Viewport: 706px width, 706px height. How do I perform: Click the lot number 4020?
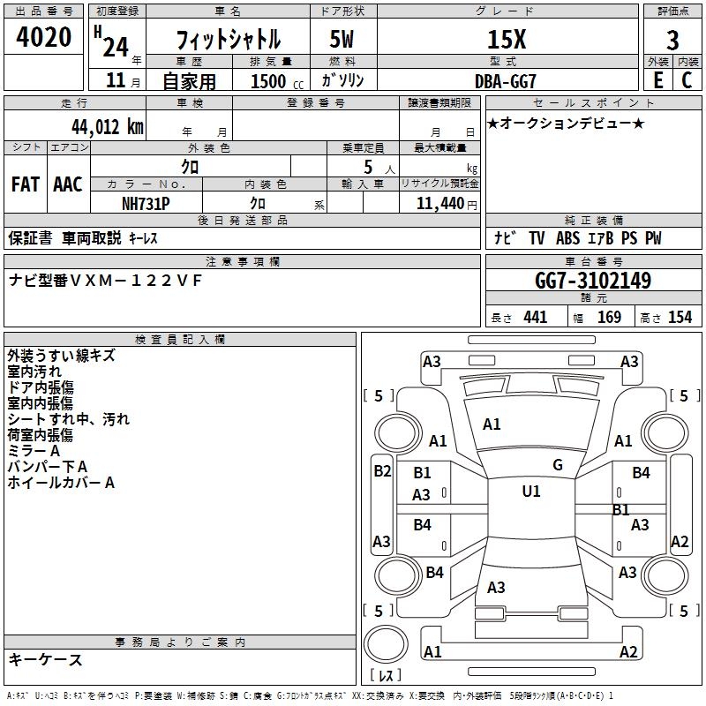point(44,38)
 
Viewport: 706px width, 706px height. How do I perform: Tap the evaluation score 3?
point(672,40)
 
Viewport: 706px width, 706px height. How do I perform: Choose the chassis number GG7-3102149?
point(593,282)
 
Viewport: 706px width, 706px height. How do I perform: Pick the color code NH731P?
point(146,203)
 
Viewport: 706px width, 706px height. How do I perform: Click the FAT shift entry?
point(25,184)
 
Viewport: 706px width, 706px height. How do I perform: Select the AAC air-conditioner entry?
point(68,184)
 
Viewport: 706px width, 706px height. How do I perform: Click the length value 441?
point(535,317)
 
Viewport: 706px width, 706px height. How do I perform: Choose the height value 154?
point(680,317)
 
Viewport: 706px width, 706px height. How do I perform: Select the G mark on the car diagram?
point(558,464)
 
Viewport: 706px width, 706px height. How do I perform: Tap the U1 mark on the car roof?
point(531,491)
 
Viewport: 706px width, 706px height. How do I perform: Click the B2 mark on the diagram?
point(381,471)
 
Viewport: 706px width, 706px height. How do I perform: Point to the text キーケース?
point(46,659)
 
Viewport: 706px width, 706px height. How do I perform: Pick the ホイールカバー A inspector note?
point(61,483)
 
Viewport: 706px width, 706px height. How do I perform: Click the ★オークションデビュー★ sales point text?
point(566,123)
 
